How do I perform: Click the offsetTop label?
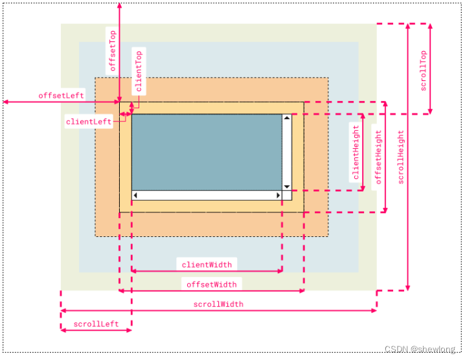click(113, 51)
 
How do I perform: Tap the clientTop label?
click(139, 71)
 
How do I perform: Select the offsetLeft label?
click(61, 95)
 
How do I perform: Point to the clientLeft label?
click(89, 122)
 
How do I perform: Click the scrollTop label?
click(424, 71)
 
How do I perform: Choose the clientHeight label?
click(356, 152)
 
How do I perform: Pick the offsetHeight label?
click(378, 157)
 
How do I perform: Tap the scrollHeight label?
click(401, 157)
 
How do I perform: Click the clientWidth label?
click(207, 265)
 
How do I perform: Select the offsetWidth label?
click(211, 284)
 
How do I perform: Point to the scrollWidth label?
click(218, 304)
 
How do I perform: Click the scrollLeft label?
click(96, 324)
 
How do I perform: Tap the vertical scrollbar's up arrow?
click(287, 118)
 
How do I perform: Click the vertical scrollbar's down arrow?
click(287, 187)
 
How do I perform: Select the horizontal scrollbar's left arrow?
click(135, 195)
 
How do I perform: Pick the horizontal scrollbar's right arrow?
click(278, 195)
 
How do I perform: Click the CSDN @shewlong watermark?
click(420, 349)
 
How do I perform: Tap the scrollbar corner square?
click(287, 196)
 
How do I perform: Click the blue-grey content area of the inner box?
click(207, 152)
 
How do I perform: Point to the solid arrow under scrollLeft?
click(96, 330)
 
